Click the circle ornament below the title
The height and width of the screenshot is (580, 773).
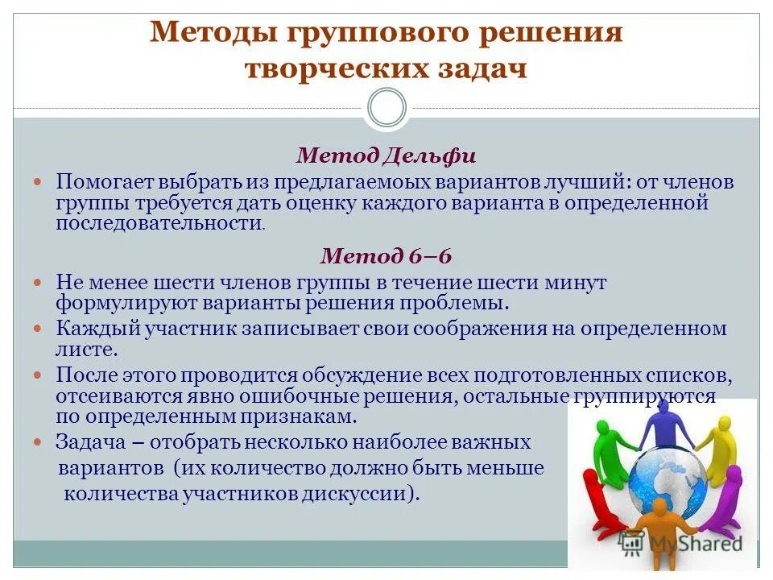click(386, 107)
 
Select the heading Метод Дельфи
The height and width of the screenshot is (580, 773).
click(386, 155)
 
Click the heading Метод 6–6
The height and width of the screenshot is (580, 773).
click(386, 256)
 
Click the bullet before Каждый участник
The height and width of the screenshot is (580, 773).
click(45, 329)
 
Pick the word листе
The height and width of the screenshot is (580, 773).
click(86, 350)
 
